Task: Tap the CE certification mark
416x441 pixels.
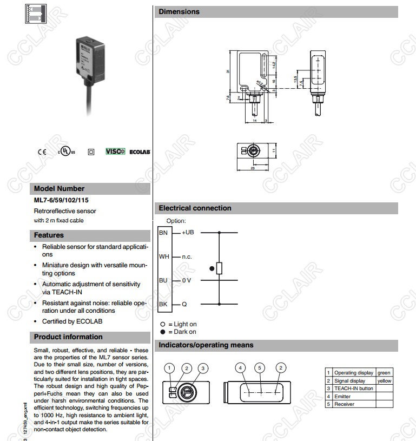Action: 42,152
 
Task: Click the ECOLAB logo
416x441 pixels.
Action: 140,152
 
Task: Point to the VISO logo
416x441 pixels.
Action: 115,152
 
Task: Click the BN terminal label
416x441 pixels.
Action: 163,232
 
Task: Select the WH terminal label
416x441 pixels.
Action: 163,256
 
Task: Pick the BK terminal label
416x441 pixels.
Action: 163,304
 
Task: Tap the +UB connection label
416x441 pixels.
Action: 188,232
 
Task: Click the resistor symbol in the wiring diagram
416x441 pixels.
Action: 219,268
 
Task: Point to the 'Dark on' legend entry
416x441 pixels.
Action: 182,332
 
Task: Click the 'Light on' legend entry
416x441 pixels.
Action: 182,324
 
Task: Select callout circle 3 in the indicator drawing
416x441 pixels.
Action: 203,368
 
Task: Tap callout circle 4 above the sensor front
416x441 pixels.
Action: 240,368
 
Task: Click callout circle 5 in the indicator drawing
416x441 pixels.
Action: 260,368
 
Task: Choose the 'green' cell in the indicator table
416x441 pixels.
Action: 384,373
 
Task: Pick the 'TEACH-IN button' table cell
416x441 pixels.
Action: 353,389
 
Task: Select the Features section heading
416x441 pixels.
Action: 49,235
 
